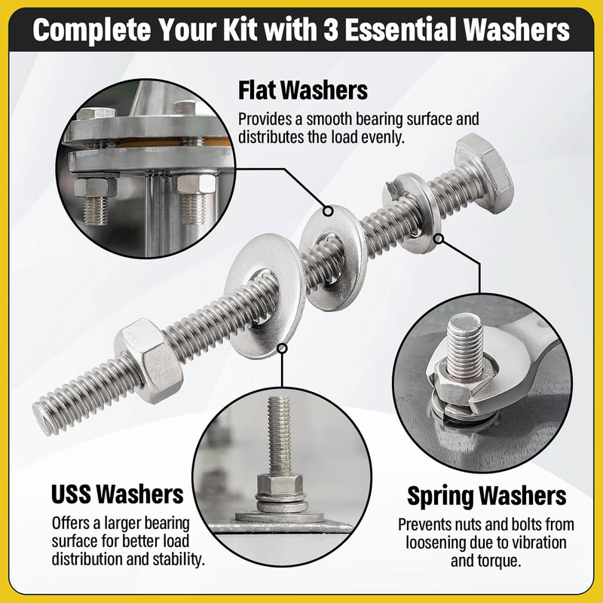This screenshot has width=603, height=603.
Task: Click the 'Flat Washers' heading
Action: point(303,90)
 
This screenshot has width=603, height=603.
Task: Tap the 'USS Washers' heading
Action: point(118,494)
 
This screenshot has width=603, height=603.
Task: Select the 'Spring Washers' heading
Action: point(486,497)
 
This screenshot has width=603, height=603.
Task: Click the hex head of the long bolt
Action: point(485,166)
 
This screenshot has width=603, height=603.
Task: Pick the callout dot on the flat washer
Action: point(328,211)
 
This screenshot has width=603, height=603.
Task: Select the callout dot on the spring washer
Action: point(439,239)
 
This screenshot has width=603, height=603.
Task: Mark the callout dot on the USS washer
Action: point(282,348)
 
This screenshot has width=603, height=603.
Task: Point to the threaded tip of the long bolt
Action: point(43,418)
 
